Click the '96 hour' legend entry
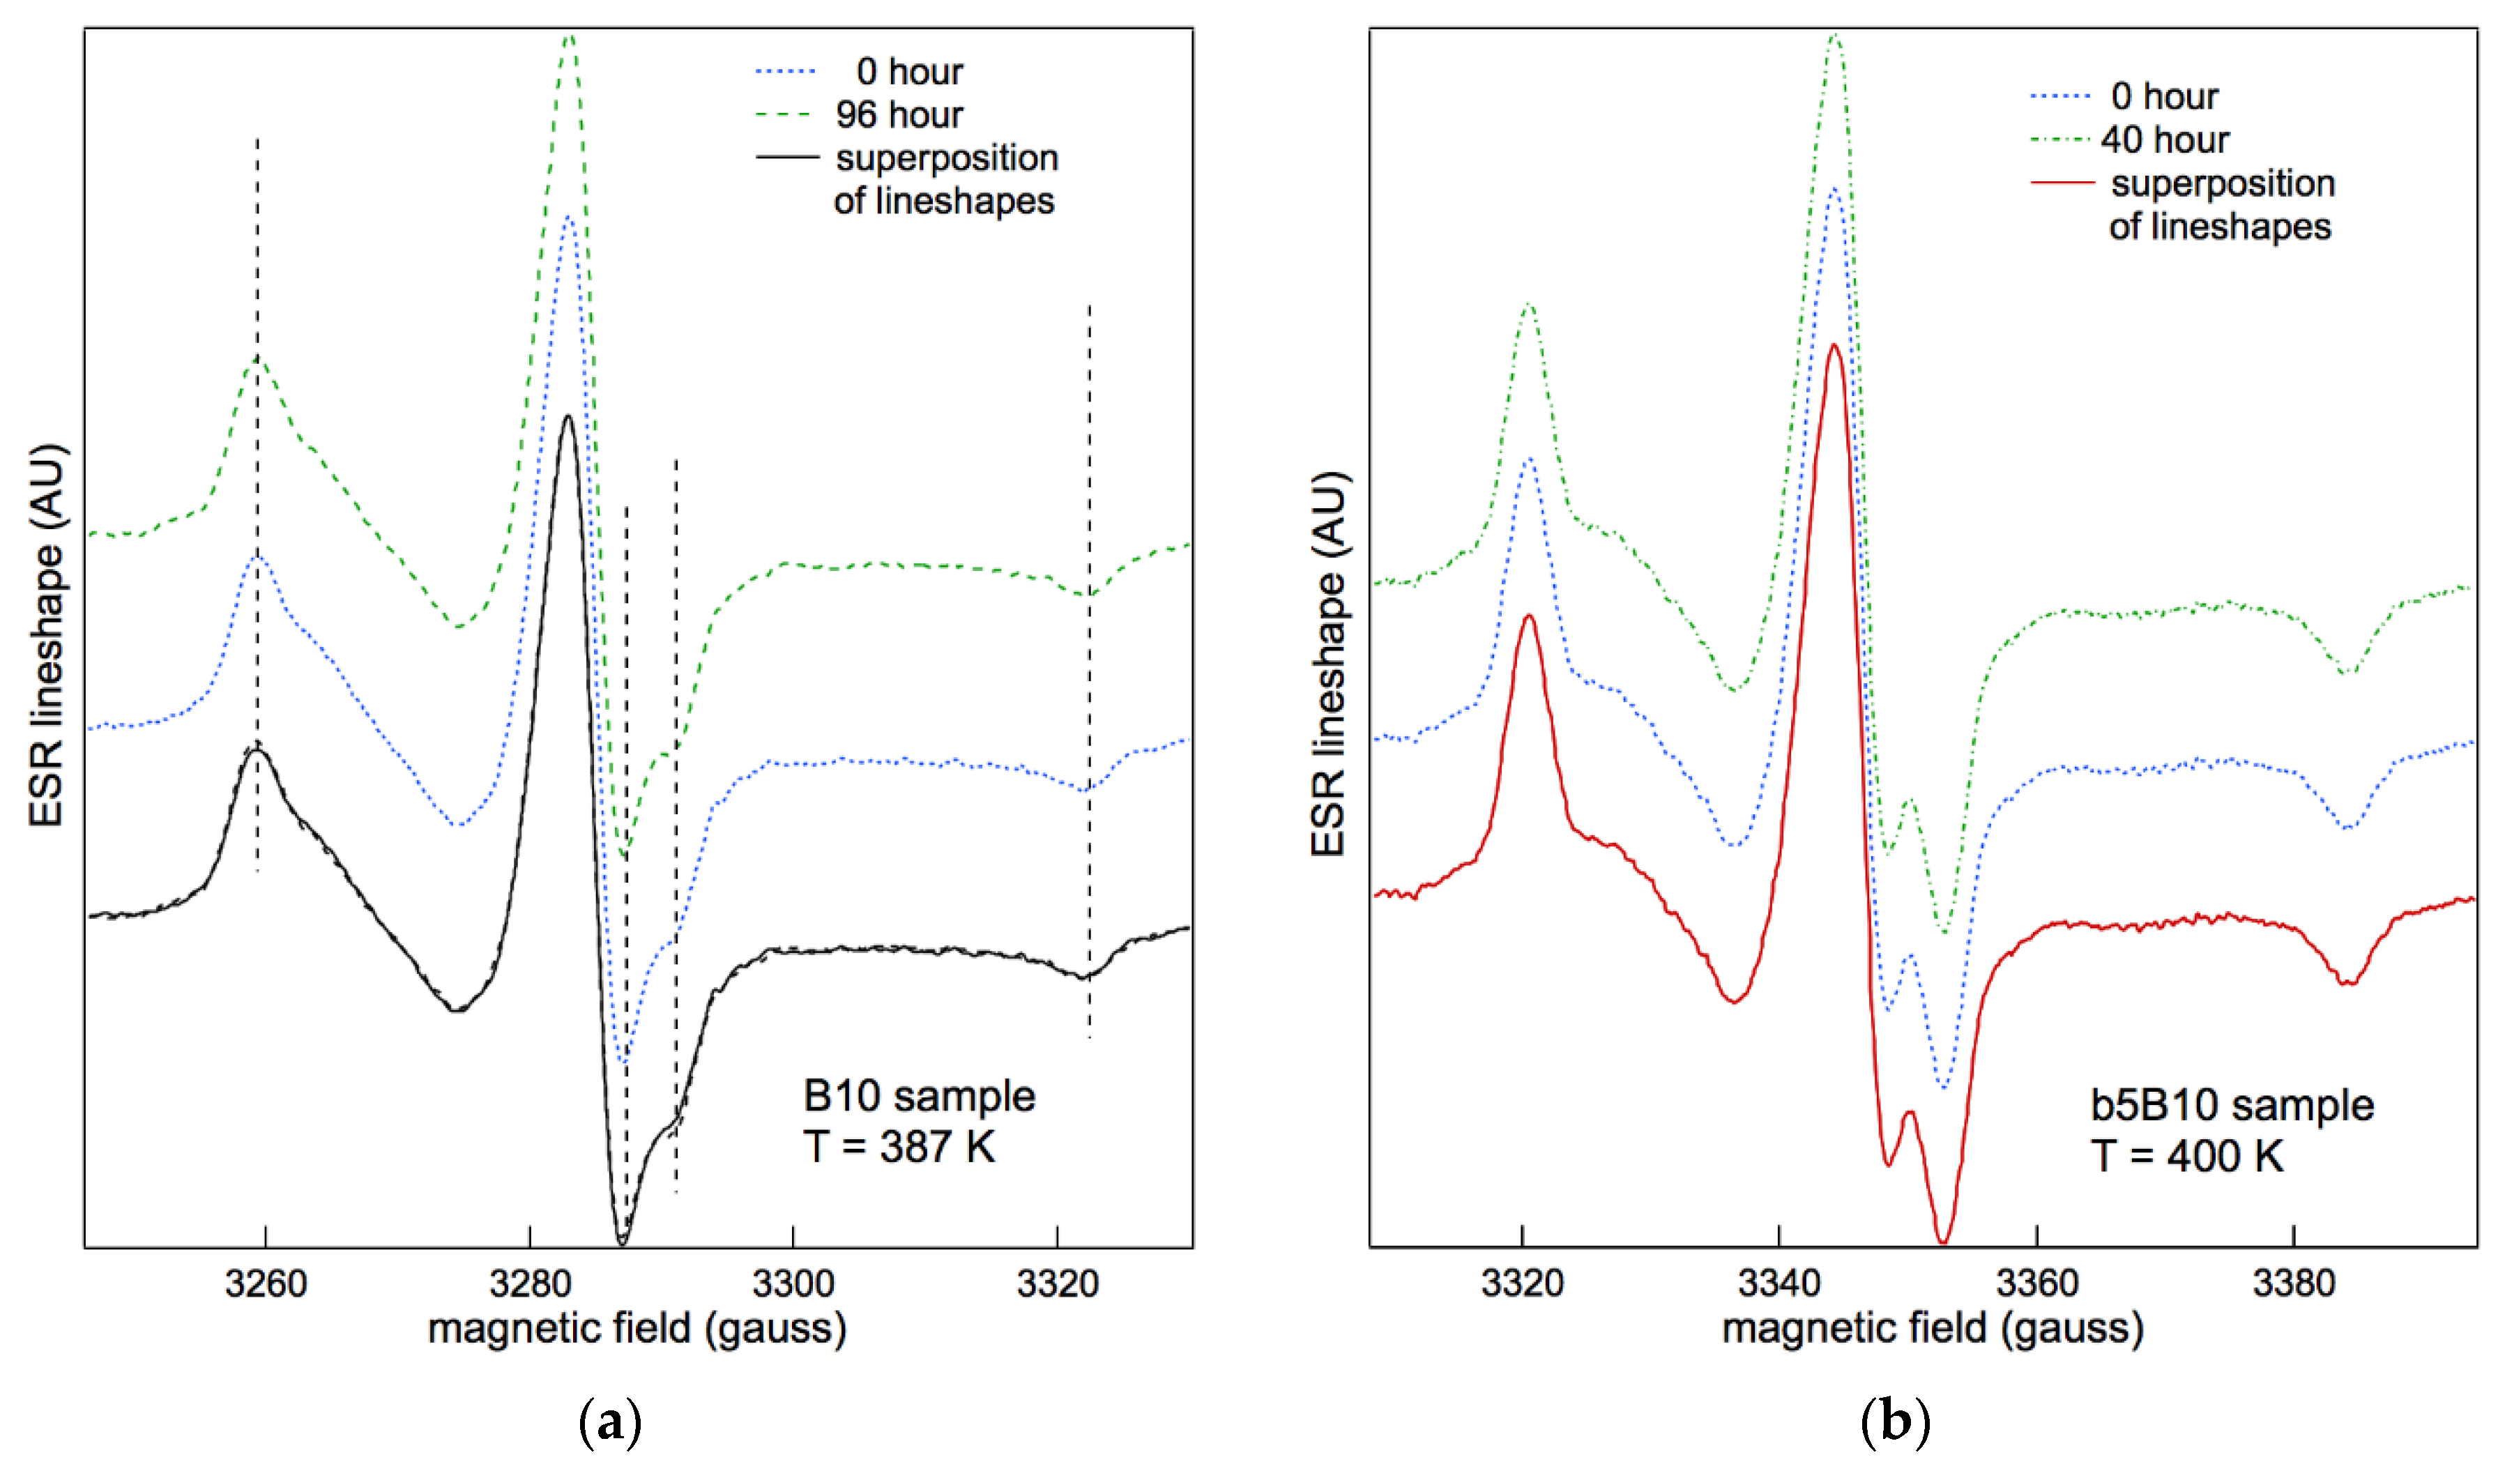[898, 115]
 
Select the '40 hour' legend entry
[2165, 139]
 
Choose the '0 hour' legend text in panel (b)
[2165, 96]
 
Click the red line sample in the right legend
[2062, 183]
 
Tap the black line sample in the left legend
[787, 158]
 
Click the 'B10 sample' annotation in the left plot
[919, 1097]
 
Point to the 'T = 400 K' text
[2187, 1156]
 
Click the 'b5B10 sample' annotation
[2232, 1105]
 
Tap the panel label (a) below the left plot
[609, 1424]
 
